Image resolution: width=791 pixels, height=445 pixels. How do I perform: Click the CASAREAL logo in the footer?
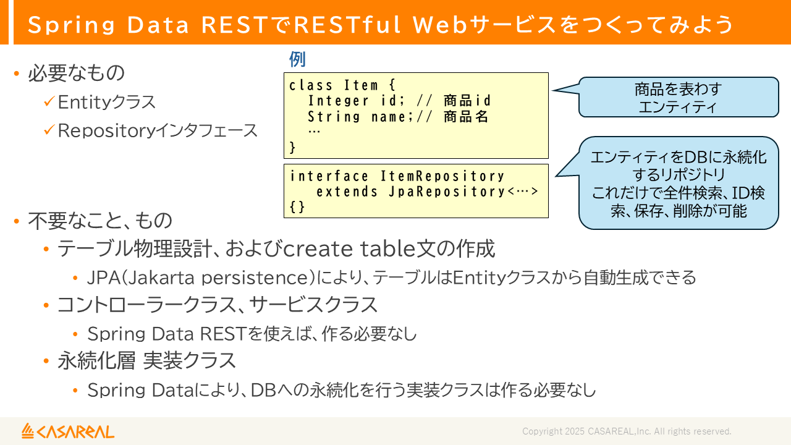point(68,431)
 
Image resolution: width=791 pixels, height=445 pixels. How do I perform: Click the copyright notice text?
point(627,431)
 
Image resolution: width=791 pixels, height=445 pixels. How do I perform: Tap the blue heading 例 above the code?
point(297,60)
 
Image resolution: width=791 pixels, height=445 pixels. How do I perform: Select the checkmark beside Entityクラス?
point(49,102)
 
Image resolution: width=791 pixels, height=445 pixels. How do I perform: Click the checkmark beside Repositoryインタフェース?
point(49,130)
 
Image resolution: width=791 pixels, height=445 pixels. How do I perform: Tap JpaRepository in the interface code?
point(447,192)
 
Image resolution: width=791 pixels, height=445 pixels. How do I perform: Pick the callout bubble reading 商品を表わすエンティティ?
point(678,98)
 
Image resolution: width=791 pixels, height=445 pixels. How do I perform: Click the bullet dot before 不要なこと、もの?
point(17,221)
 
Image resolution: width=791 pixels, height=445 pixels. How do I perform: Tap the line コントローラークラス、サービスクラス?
point(217,305)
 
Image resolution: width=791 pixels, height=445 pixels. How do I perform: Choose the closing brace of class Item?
point(293,148)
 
